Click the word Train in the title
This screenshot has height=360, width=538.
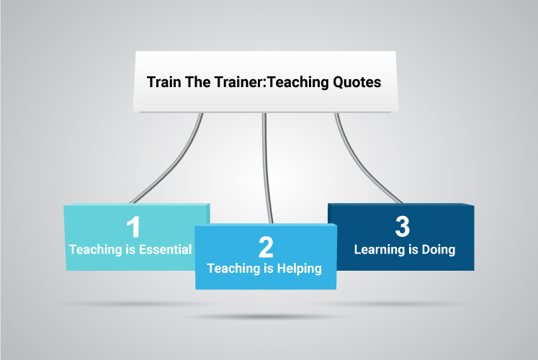pos(163,82)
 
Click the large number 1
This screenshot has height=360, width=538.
pos(133,227)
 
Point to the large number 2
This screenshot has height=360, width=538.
pos(266,247)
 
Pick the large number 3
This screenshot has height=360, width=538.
pos(403,226)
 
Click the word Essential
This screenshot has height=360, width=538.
pos(165,249)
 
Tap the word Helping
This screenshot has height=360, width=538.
pos(299,269)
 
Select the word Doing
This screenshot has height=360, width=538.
pos(439,250)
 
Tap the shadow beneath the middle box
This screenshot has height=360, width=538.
pos(264,317)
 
